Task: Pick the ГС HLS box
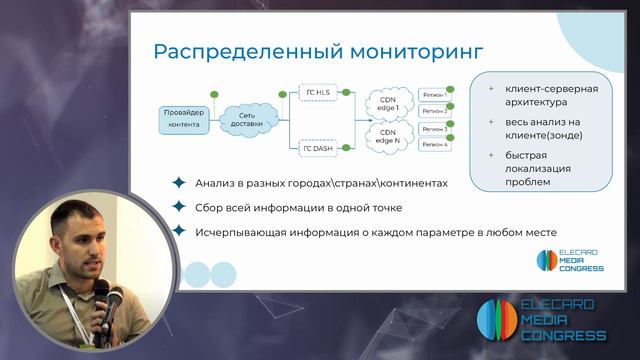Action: click(318, 92)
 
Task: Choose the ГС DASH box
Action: click(318, 148)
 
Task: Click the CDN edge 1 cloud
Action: click(388, 102)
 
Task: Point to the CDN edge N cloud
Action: click(388, 136)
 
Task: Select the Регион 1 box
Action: click(435, 94)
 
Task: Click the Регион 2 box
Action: click(435, 111)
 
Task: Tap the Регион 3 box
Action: click(435, 129)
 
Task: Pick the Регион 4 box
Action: click(435, 146)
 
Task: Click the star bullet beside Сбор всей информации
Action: click(179, 207)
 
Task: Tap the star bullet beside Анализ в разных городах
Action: click(179, 183)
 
